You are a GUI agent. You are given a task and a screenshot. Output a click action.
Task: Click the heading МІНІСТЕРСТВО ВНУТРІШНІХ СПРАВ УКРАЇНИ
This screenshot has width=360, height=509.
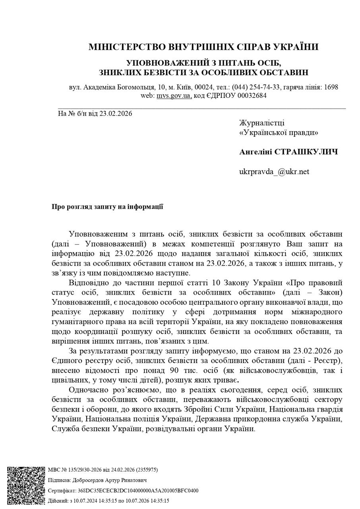[203, 47]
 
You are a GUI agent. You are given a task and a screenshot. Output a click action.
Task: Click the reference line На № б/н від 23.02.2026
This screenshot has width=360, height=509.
[95, 114]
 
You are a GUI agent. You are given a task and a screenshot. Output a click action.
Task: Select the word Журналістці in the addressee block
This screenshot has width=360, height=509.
[261, 123]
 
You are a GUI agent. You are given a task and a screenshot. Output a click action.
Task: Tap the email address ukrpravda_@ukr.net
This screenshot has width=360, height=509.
[274, 172]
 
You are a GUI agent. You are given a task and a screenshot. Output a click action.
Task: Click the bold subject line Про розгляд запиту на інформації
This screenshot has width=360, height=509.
[107, 207]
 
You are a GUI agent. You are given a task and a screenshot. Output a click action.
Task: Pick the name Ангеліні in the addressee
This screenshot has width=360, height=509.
[255, 152]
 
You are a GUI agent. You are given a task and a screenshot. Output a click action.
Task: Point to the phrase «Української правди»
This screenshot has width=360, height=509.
[279, 133]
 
